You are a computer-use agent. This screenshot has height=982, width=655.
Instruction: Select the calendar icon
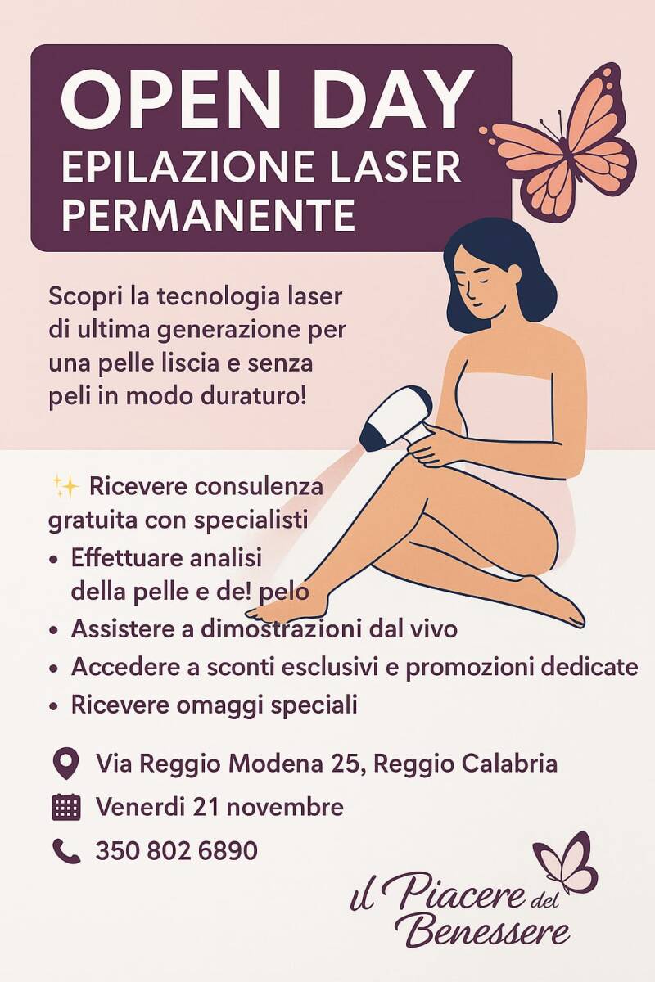pyautogui.click(x=65, y=807)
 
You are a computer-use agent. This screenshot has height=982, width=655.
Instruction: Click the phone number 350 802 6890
pyautogui.click(x=176, y=850)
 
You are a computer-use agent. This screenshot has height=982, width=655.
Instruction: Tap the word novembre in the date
pyautogui.click(x=285, y=807)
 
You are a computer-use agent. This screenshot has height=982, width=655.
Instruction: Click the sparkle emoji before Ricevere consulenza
pyautogui.click(x=65, y=487)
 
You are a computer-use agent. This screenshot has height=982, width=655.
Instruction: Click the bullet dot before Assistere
pyautogui.click(x=54, y=631)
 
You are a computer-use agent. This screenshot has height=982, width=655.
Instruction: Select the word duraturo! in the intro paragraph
pyautogui.click(x=252, y=397)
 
